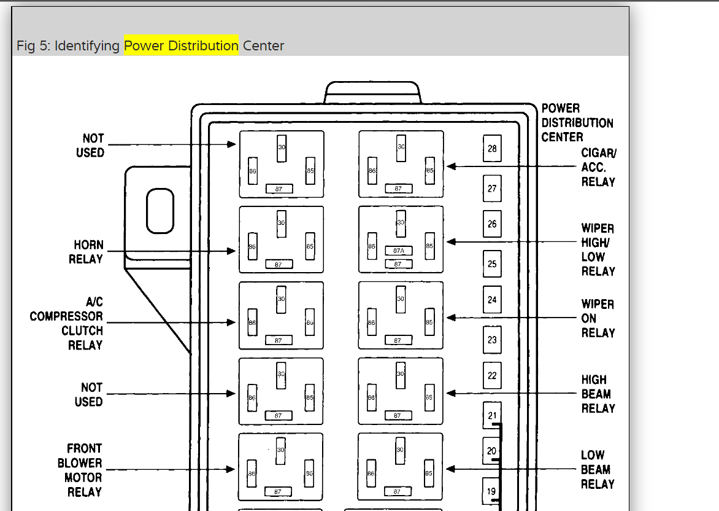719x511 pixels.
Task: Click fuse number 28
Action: coord(492,149)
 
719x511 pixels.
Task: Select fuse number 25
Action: coord(492,264)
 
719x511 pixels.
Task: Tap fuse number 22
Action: coord(492,375)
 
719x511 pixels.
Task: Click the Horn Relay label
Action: coord(86,252)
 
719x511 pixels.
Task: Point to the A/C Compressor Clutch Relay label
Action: coord(66,323)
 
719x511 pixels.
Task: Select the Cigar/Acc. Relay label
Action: coord(598,167)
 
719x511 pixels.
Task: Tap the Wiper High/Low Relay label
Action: coord(598,249)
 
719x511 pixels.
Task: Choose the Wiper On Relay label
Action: coord(598,318)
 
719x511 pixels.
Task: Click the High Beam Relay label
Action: coord(598,394)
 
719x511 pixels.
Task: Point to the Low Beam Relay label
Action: coord(596,469)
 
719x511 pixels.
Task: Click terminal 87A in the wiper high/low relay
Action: coord(399,251)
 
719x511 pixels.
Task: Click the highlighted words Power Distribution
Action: coord(181,45)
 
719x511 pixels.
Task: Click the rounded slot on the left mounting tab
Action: coord(160,211)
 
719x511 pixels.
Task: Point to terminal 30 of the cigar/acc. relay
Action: coord(401,148)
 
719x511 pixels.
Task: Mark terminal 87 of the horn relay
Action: coord(279,264)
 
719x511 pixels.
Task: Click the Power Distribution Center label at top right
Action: coord(577,123)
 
